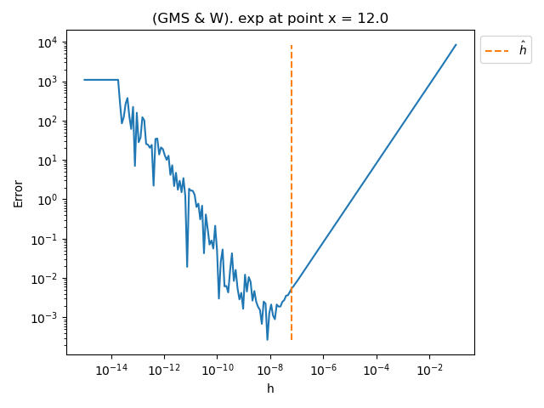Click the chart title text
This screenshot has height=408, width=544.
(269, 18)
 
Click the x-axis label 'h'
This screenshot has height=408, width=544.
(270, 388)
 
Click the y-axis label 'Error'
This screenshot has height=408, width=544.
(18, 193)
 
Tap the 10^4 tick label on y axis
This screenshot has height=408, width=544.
(44, 42)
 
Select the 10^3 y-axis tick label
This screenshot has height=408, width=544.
(44, 82)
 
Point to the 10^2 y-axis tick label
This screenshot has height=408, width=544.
(44, 122)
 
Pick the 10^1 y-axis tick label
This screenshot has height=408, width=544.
(44, 161)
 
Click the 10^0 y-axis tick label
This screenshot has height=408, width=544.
(44, 200)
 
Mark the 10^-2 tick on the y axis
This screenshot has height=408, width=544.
(42, 279)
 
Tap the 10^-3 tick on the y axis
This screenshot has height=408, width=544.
(42, 318)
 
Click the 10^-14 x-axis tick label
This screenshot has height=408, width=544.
(111, 370)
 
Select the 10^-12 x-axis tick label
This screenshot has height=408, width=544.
(164, 370)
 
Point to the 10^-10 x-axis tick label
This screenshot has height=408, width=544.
(217, 370)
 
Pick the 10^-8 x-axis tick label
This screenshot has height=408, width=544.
(270, 370)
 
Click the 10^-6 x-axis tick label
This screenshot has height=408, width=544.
(323, 370)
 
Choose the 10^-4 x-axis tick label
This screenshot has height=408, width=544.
(377, 370)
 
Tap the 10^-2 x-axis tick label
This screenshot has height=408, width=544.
(429, 370)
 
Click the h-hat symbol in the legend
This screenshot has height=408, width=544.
(523, 50)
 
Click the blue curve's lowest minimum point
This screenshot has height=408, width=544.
(267, 340)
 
